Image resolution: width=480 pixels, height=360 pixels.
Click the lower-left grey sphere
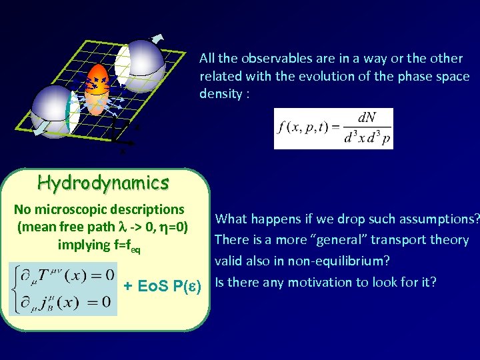[x=55, y=109]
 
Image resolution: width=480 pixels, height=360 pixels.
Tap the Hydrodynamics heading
[x=103, y=182]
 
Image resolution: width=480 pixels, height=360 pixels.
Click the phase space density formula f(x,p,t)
[x=333, y=129]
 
